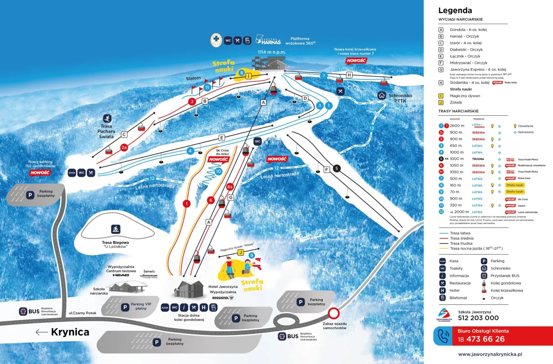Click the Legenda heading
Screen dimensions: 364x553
pos(455,11)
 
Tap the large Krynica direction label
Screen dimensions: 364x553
pos(70,332)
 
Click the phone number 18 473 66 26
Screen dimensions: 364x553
pos(481,339)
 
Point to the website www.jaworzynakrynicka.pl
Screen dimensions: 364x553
pos(490,354)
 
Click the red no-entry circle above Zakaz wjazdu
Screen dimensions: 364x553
pos(333,313)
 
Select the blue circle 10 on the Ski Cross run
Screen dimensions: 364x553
pos(218,171)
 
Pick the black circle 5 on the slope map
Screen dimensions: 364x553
pos(337,168)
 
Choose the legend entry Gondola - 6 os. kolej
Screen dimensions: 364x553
pos(468,30)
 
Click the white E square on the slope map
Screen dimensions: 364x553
pos(222,138)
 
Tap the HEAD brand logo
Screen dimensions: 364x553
pos(121,275)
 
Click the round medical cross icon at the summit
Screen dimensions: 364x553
pos(216,41)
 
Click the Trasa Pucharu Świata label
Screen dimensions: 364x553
pos(107,131)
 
